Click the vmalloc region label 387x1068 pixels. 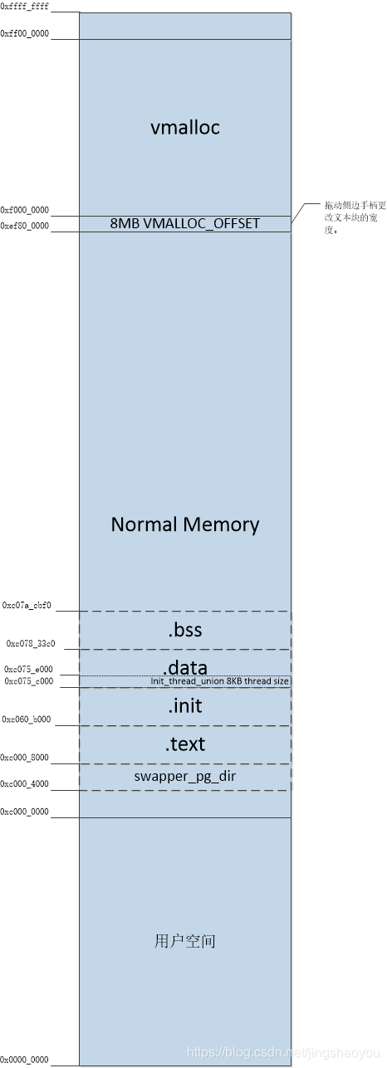click(184, 128)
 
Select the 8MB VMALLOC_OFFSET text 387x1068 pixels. click(184, 223)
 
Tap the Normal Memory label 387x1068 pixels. click(184, 524)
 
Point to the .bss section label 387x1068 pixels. click(184, 631)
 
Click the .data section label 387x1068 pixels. click(184, 667)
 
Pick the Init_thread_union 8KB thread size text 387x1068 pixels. click(220, 681)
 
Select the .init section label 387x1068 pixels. click(184, 706)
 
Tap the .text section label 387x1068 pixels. click(184, 744)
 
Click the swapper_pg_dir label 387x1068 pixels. click(184, 777)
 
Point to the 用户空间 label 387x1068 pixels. click(184, 941)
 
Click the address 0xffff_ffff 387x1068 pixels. click(25, 7)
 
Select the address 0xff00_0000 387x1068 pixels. click(25, 33)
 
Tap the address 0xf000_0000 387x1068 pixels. click(25, 211)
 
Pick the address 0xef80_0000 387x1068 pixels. click(25, 226)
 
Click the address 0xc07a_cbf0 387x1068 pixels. click(27, 606)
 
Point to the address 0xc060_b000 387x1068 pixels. click(27, 719)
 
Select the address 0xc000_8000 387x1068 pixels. click(26, 758)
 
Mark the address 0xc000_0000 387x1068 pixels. click(25, 812)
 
